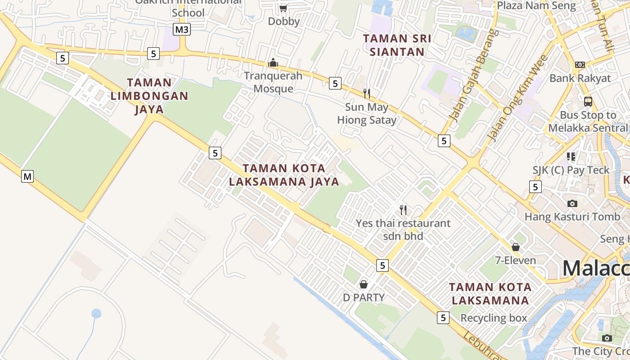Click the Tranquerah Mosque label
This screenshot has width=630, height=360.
pyautogui.click(x=273, y=82)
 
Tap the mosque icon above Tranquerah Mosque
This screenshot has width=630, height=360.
pyautogui.click(x=273, y=63)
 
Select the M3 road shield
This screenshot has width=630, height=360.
pyautogui.click(x=182, y=30)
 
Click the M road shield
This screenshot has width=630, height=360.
pyautogui.click(x=27, y=176)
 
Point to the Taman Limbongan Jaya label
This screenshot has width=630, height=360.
pyautogui.click(x=149, y=96)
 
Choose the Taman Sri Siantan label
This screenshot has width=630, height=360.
pyautogui.click(x=397, y=45)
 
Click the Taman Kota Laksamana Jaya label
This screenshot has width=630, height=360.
pyautogui.click(x=284, y=175)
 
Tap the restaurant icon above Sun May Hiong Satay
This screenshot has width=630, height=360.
pyautogui.click(x=367, y=93)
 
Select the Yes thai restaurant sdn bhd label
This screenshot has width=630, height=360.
pyautogui.click(x=403, y=229)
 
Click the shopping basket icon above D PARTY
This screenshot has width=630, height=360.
pyautogui.click(x=364, y=284)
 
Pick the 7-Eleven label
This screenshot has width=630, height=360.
pyautogui.click(x=515, y=260)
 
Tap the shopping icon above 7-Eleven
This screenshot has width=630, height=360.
pyautogui.click(x=516, y=247)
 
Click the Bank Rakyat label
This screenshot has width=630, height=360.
pyautogui.click(x=580, y=78)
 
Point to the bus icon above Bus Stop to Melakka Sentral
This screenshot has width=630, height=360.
pyautogui.click(x=588, y=101)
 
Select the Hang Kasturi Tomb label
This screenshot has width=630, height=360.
pyautogui.click(x=572, y=217)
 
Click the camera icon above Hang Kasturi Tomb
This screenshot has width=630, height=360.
pyautogui.click(x=572, y=203)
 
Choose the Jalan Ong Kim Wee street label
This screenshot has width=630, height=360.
pyautogui.click(x=518, y=98)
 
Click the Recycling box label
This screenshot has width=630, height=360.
pyautogui.click(x=493, y=318)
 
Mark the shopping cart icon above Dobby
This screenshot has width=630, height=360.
pyautogui.click(x=283, y=8)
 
